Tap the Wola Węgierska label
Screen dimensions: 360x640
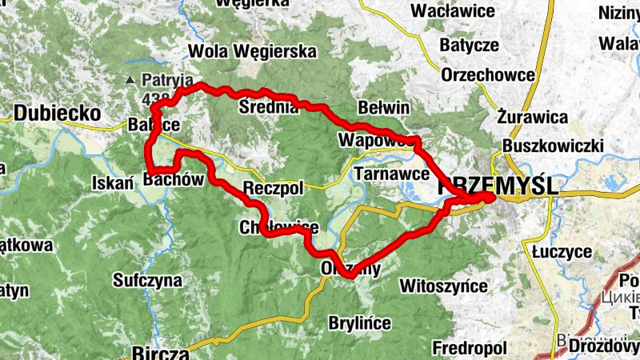[x=253, y=52]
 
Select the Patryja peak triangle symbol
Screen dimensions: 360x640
[x=130, y=80]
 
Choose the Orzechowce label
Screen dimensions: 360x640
[x=487, y=75]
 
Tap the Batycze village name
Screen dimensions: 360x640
[x=469, y=44]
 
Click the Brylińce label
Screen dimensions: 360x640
[x=359, y=323]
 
